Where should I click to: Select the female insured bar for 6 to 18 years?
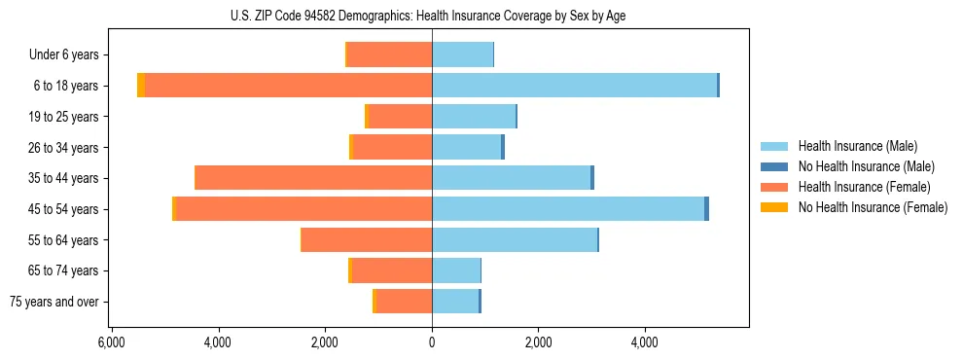click(x=289, y=86)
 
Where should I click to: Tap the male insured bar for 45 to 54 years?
click(x=568, y=209)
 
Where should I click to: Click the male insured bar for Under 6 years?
click(x=462, y=55)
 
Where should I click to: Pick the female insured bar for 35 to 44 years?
click(x=314, y=178)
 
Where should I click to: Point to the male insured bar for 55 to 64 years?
click(x=514, y=240)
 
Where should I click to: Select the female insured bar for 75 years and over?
click(x=404, y=302)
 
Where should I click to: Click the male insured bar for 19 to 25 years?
click(x=473, y=117)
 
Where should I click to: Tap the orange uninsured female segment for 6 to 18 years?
click(x=141, y=86)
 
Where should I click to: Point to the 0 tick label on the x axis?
click(x=432, y=342)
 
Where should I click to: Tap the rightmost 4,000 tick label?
click(x=645, y=342)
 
